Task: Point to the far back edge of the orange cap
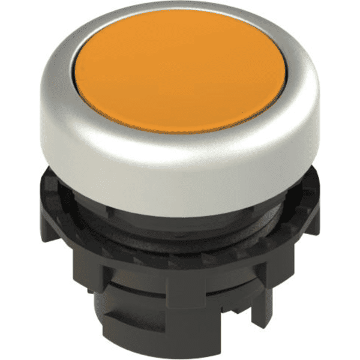click(180, 27)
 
